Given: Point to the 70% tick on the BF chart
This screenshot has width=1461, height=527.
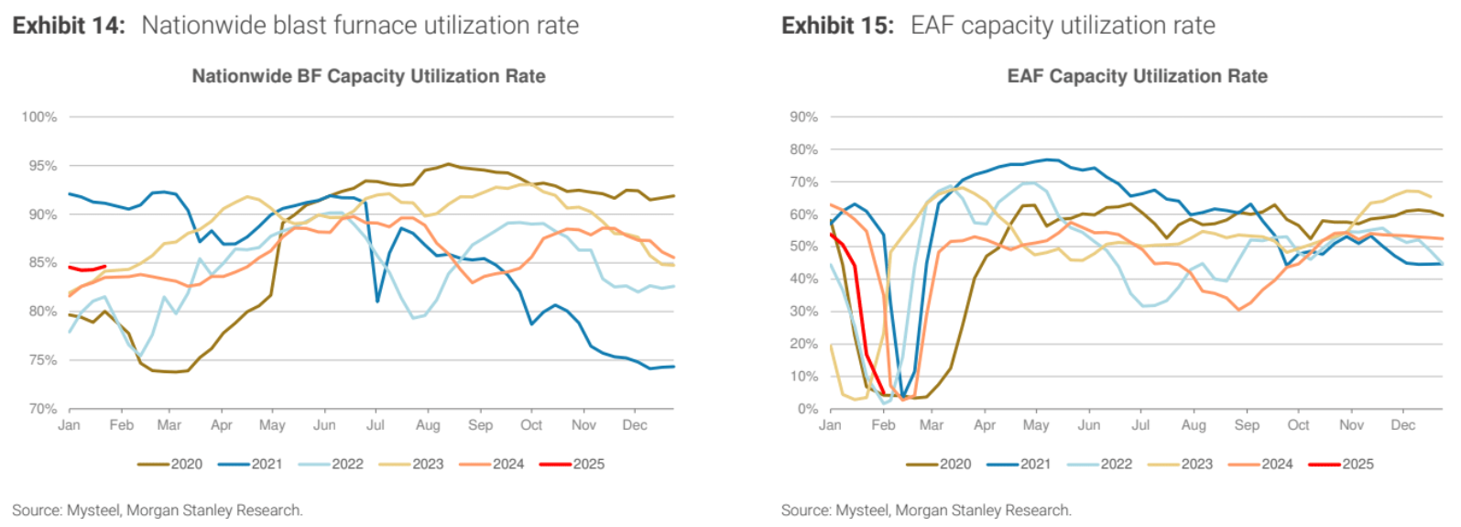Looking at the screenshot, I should tap(42, 409).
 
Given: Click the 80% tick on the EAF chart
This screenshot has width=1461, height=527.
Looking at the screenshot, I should tap(803, 149).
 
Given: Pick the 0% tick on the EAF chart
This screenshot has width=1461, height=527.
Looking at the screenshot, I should tap(807, 409).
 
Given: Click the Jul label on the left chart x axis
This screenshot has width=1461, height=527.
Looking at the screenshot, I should tap(375, 425).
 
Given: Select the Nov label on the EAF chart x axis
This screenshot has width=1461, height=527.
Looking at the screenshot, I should tap(1351, 425).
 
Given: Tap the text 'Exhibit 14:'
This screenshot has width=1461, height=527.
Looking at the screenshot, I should tap(69, 26).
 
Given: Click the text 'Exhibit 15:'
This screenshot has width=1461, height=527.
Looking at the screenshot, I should tap(837, 26).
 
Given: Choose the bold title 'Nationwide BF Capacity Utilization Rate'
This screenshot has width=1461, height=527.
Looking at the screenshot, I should tap(368, 76).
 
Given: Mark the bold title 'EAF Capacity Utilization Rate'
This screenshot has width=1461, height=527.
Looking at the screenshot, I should tap(1137, 76).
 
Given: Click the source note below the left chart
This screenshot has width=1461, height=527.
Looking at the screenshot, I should tap(157, 511).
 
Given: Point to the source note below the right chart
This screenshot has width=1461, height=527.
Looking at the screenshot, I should tap(926, 511).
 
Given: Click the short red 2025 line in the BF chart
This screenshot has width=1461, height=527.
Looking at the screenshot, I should tap(87, 269).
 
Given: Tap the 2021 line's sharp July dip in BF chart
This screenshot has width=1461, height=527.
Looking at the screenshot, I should tap(377, 300).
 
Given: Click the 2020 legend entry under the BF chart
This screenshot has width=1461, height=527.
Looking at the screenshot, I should tap(170, 464).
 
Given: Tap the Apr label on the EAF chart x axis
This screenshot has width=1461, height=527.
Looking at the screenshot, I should tap(985, 425).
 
